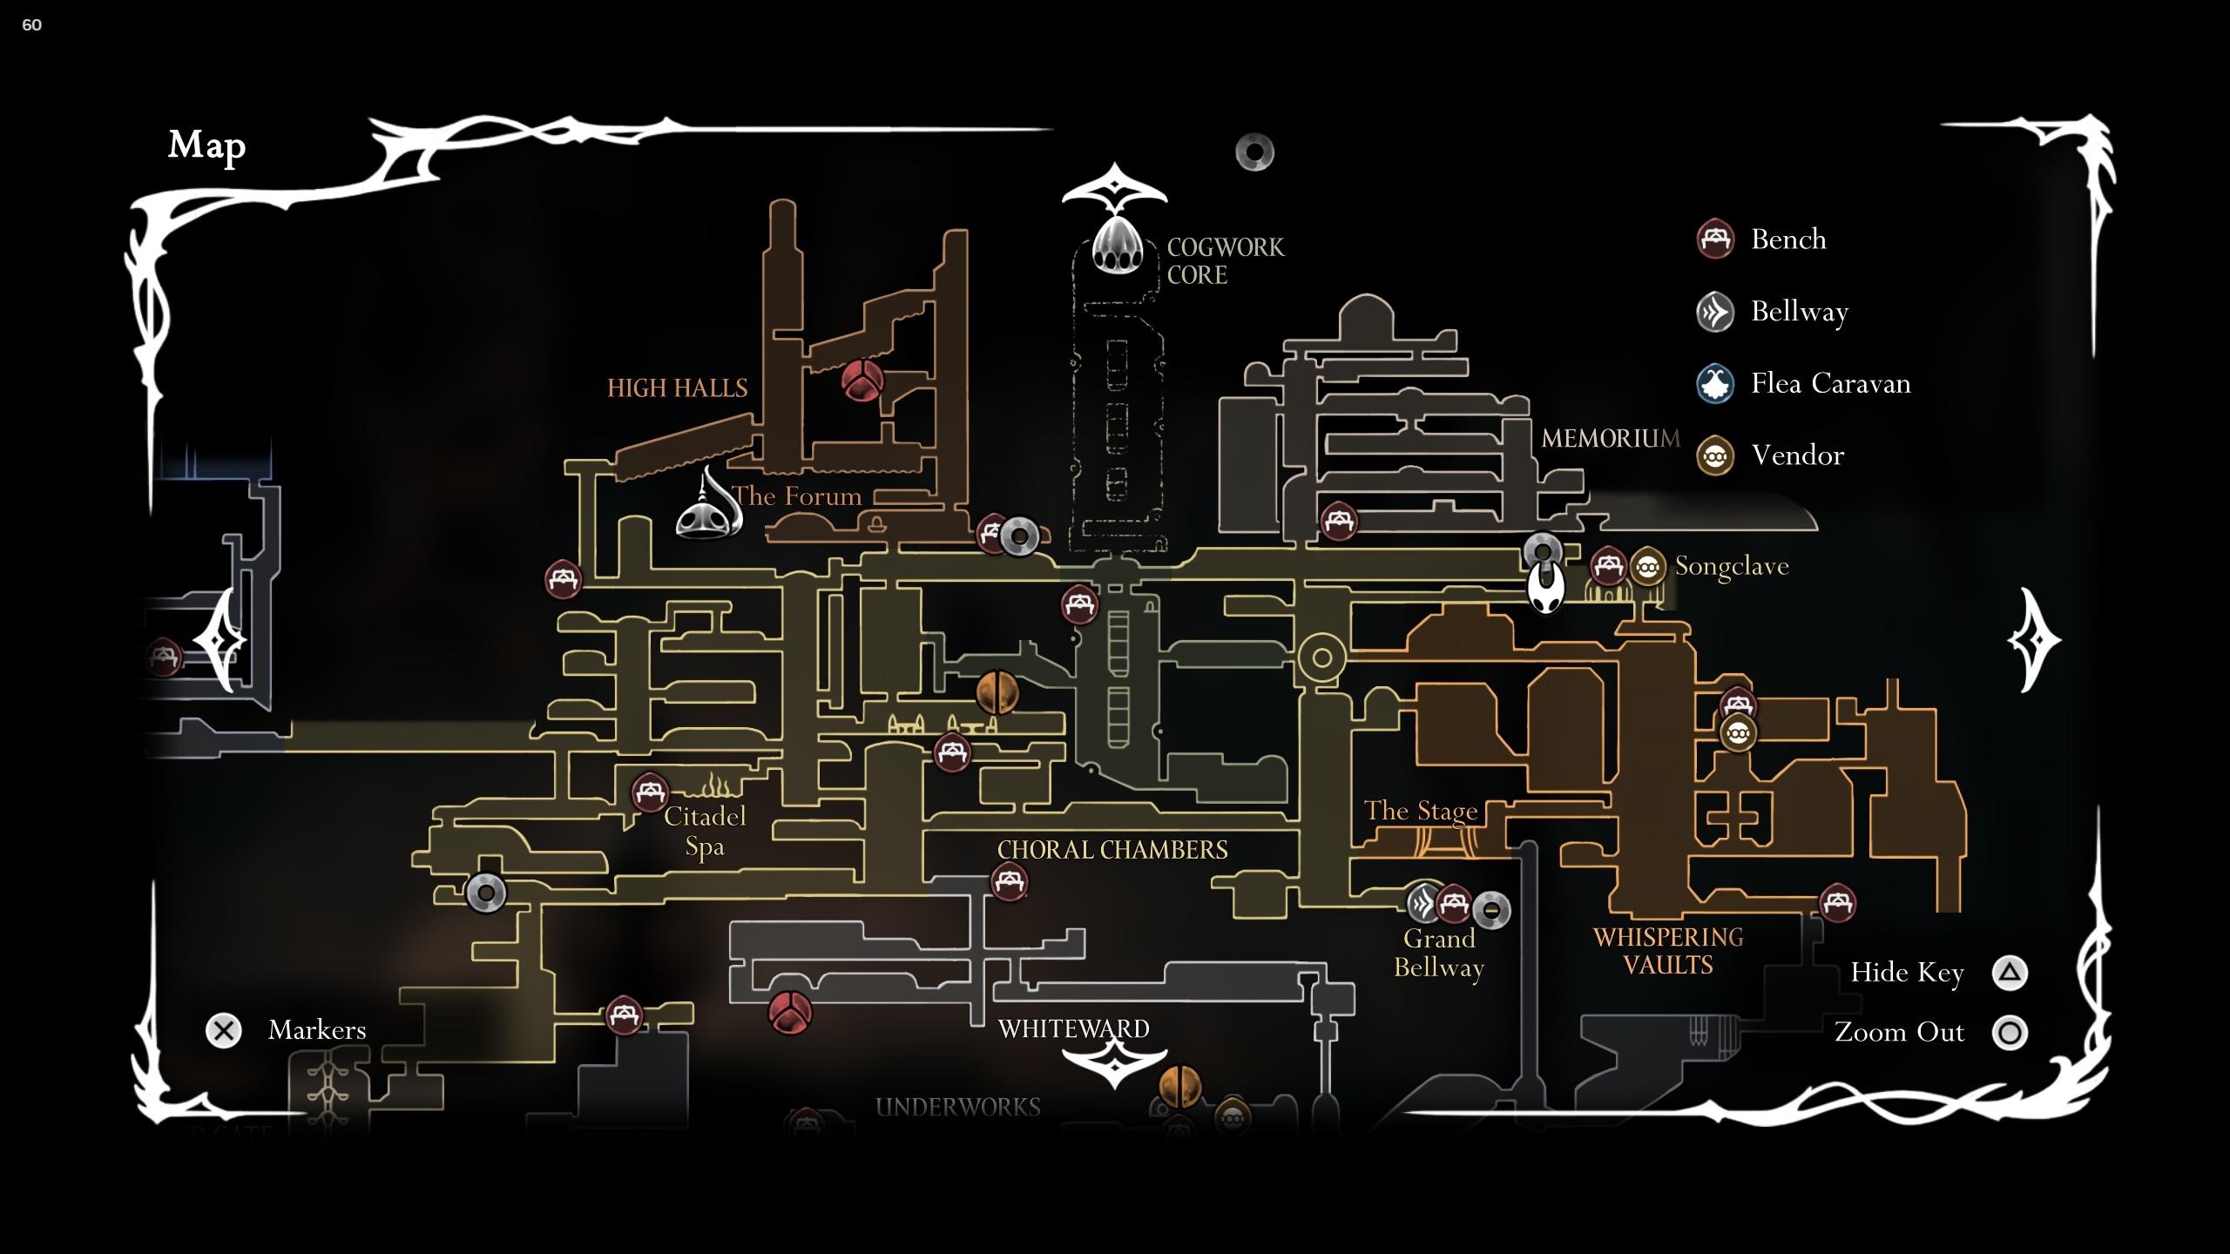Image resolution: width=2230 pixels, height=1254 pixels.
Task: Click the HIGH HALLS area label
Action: pos(677,388)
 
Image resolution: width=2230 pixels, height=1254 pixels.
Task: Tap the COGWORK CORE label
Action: pos(1225,261)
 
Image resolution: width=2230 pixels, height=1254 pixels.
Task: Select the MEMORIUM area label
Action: pos(1610,438)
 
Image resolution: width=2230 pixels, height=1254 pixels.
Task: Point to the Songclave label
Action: pos(1731,566)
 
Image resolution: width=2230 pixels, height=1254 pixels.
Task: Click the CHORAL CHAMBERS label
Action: pos(1112,850)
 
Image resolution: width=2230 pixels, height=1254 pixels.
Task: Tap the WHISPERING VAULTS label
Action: pos(1667,951)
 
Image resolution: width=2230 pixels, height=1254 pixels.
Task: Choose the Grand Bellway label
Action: pos(1438,953)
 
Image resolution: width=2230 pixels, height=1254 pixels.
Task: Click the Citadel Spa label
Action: pos(705,831)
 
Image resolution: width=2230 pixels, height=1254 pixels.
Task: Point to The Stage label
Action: pos(1420,811)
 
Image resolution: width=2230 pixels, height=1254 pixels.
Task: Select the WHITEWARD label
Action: pos(1073,1029)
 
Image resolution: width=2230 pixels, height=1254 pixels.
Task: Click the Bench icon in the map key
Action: pos(1715,239)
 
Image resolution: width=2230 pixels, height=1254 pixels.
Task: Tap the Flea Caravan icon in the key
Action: pos(1715,383)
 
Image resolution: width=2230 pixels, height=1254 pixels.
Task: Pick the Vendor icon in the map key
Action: pos(1715,455)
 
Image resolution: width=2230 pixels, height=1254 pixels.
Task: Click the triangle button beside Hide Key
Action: pos(2010,973)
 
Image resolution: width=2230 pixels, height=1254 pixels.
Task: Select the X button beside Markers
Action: pos(224,1030)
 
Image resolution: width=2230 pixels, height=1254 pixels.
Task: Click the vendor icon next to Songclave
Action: pos(1646,567)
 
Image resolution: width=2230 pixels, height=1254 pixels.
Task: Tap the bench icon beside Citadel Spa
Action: pos(650,792)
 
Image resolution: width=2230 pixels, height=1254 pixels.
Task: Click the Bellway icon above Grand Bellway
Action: pos(1423,903)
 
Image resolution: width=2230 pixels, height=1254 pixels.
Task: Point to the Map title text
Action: pos(206,145)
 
